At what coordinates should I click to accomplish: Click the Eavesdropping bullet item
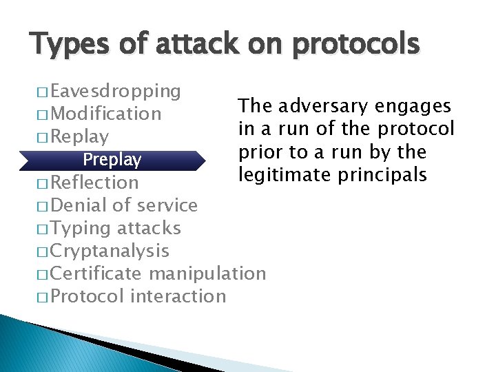tap(116, 91)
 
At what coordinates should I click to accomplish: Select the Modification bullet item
tap(106, 114)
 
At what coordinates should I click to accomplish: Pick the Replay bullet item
tap(79, 136)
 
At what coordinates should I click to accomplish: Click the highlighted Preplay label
tap(112, 160)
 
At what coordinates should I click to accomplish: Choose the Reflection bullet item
tap(94, 183)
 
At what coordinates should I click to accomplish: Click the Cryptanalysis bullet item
tap(110, 251)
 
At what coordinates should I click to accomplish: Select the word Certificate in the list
tap(96, 273)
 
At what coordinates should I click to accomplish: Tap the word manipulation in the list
tap(207, 273)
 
